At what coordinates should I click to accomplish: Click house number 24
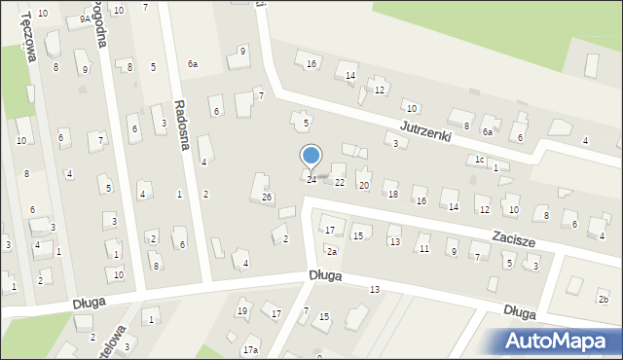coord(311,180)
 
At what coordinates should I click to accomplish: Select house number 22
coord(340,183)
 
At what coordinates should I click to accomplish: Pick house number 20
coord(364,185)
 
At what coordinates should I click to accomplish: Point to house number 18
coord(393,195)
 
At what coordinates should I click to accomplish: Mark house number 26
coord(267,198)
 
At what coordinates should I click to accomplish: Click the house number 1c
coord(479,160)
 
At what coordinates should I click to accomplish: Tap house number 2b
coord(603,299)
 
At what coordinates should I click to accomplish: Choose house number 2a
coord(332,252)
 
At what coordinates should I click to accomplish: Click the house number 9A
coord(85,18)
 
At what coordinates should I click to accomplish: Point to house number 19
coord(242,311)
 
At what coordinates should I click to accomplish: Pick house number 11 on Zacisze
coord(423,250)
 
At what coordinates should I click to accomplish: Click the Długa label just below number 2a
coord(327,276)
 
